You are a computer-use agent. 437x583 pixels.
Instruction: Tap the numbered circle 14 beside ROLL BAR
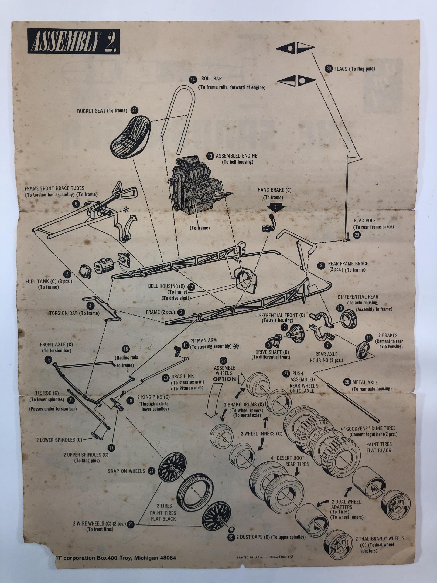tap(192, 79)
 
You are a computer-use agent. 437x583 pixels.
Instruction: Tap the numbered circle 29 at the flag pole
tap(357, 235)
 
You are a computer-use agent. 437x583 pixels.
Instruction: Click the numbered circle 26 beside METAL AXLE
tap(347, 382)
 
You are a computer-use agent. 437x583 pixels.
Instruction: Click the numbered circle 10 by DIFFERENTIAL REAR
tap(340, 308)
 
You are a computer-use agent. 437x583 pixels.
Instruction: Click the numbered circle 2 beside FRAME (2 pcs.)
tap(181, 312)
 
